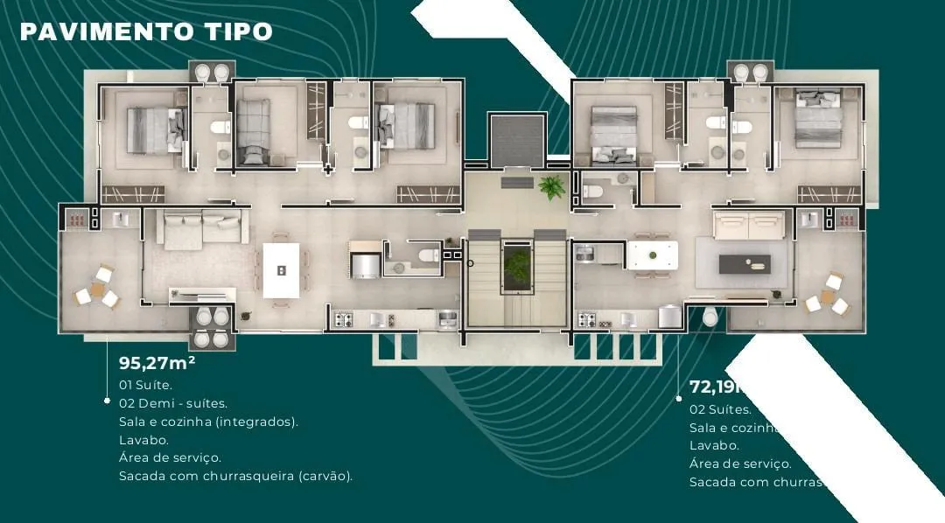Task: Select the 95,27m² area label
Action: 157,362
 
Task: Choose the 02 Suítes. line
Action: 720,409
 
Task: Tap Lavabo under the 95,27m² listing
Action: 143,440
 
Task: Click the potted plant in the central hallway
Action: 552,185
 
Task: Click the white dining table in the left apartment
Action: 281,270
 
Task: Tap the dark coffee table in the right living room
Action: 745,263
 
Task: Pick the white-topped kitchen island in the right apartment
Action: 652,255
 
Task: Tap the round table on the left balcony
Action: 95,287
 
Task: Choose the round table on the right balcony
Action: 828,295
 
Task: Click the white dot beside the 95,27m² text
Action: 107,401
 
